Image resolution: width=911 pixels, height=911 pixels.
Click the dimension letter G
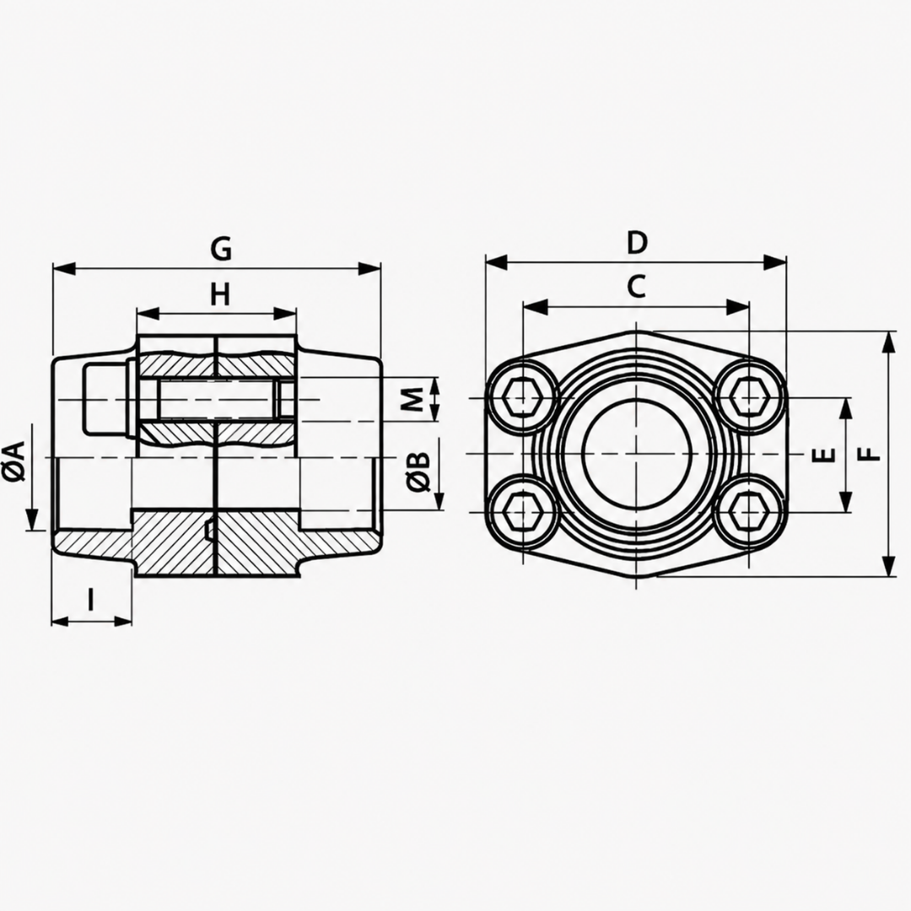pyautogui.click(x=221, y=249)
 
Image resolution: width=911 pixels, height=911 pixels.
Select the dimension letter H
pyautogui.click(x=219, y=294)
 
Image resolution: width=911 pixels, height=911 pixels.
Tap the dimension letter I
pyautogui.click(x=90, y=599)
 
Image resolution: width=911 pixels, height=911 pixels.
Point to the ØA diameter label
pyautogui.click(x=13, y=461)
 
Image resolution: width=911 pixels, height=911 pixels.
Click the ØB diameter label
pyautogui.click(x=418, y=472)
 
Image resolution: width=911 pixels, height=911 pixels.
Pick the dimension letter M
pyautogui.click(x=412, y=399)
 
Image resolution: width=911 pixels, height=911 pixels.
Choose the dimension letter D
pyautogui.click(x=637, y=242)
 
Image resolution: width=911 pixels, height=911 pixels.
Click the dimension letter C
pyautogui.click(x=637, y=287)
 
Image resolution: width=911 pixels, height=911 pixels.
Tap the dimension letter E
pyautogui.click(x=823, y=455)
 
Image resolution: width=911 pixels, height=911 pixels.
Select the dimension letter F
pyautogui.click(x=870, y=454)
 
